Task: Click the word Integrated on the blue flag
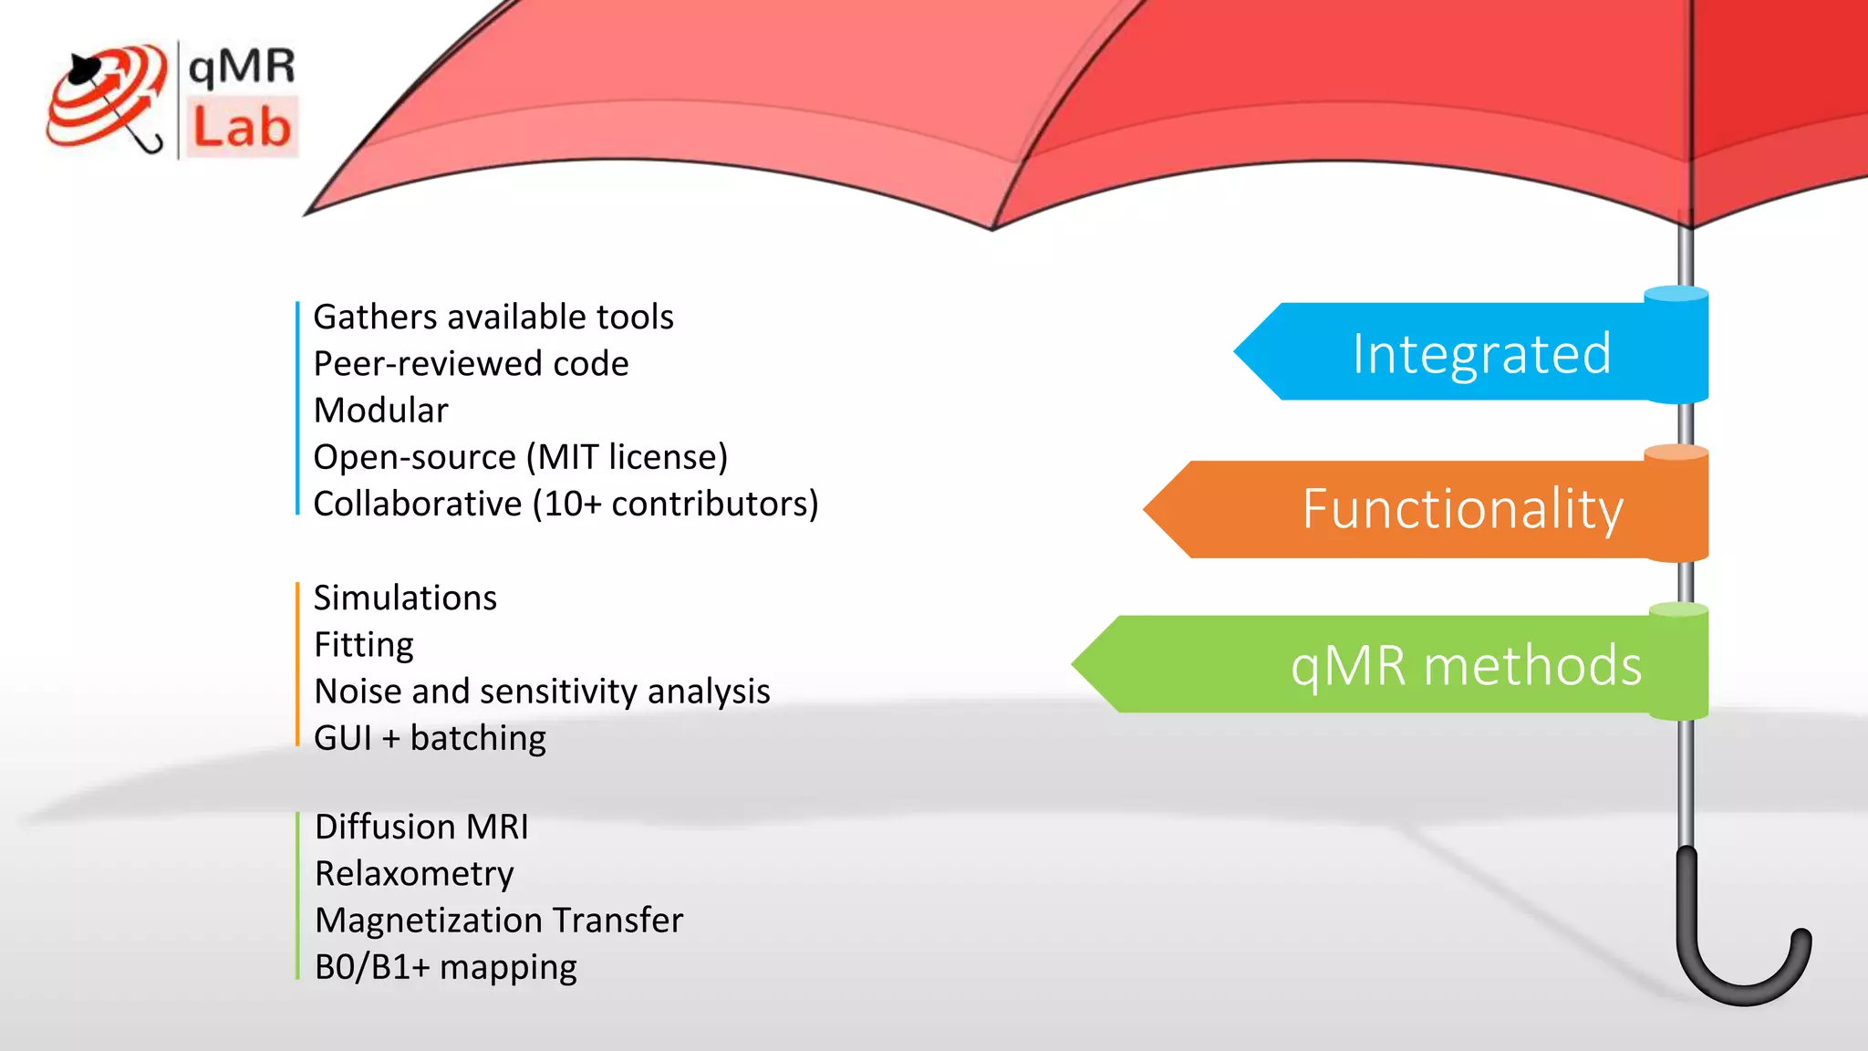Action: pyautogui.click(x=1481, y=354)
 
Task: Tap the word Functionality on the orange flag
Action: pyautogui.click(x=1462, y=509)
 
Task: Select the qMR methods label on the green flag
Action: pyautogui.click(x=1466, y=665)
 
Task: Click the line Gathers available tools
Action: pyautogui.click(x=493, y=317)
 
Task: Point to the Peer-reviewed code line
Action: pyautogui.click(x=471, y=364)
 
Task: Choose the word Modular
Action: pyautogui.click(x=380, y=411)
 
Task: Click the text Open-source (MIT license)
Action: pyautogui.click(x=520, y=457)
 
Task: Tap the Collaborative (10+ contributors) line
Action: pyautogui.click(x=566, y=504)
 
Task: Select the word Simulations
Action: pyautogui.click(x=405, y=598)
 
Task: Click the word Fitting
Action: pyautogui.click(x=363, y=645)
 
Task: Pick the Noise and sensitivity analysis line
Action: pyautogui.click(x=542, y=692)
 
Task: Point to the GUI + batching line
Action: pyautogui.click(x=430, y=738)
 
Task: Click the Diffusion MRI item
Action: pyautogui.click(x=421, y=827)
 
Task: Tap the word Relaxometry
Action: pyautogui.click(x=414, y=874)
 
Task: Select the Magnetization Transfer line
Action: pyautogui.click(x=499, y=921)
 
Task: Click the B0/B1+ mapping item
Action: pyautogui.click(x=445, y=967)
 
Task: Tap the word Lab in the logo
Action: pyautogui.click(x=242, y=128)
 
